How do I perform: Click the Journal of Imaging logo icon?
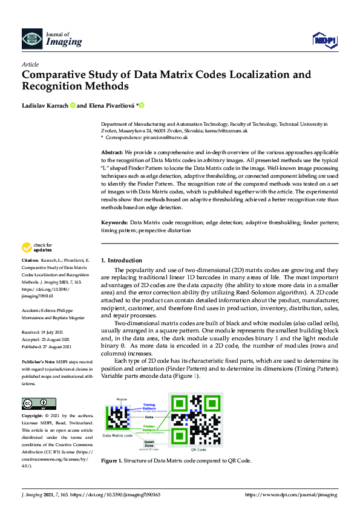coord(30,39)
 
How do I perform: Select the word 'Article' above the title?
coord(30,63)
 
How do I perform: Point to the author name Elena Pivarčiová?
coord(112,106)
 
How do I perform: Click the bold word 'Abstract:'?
coord(112,154)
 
